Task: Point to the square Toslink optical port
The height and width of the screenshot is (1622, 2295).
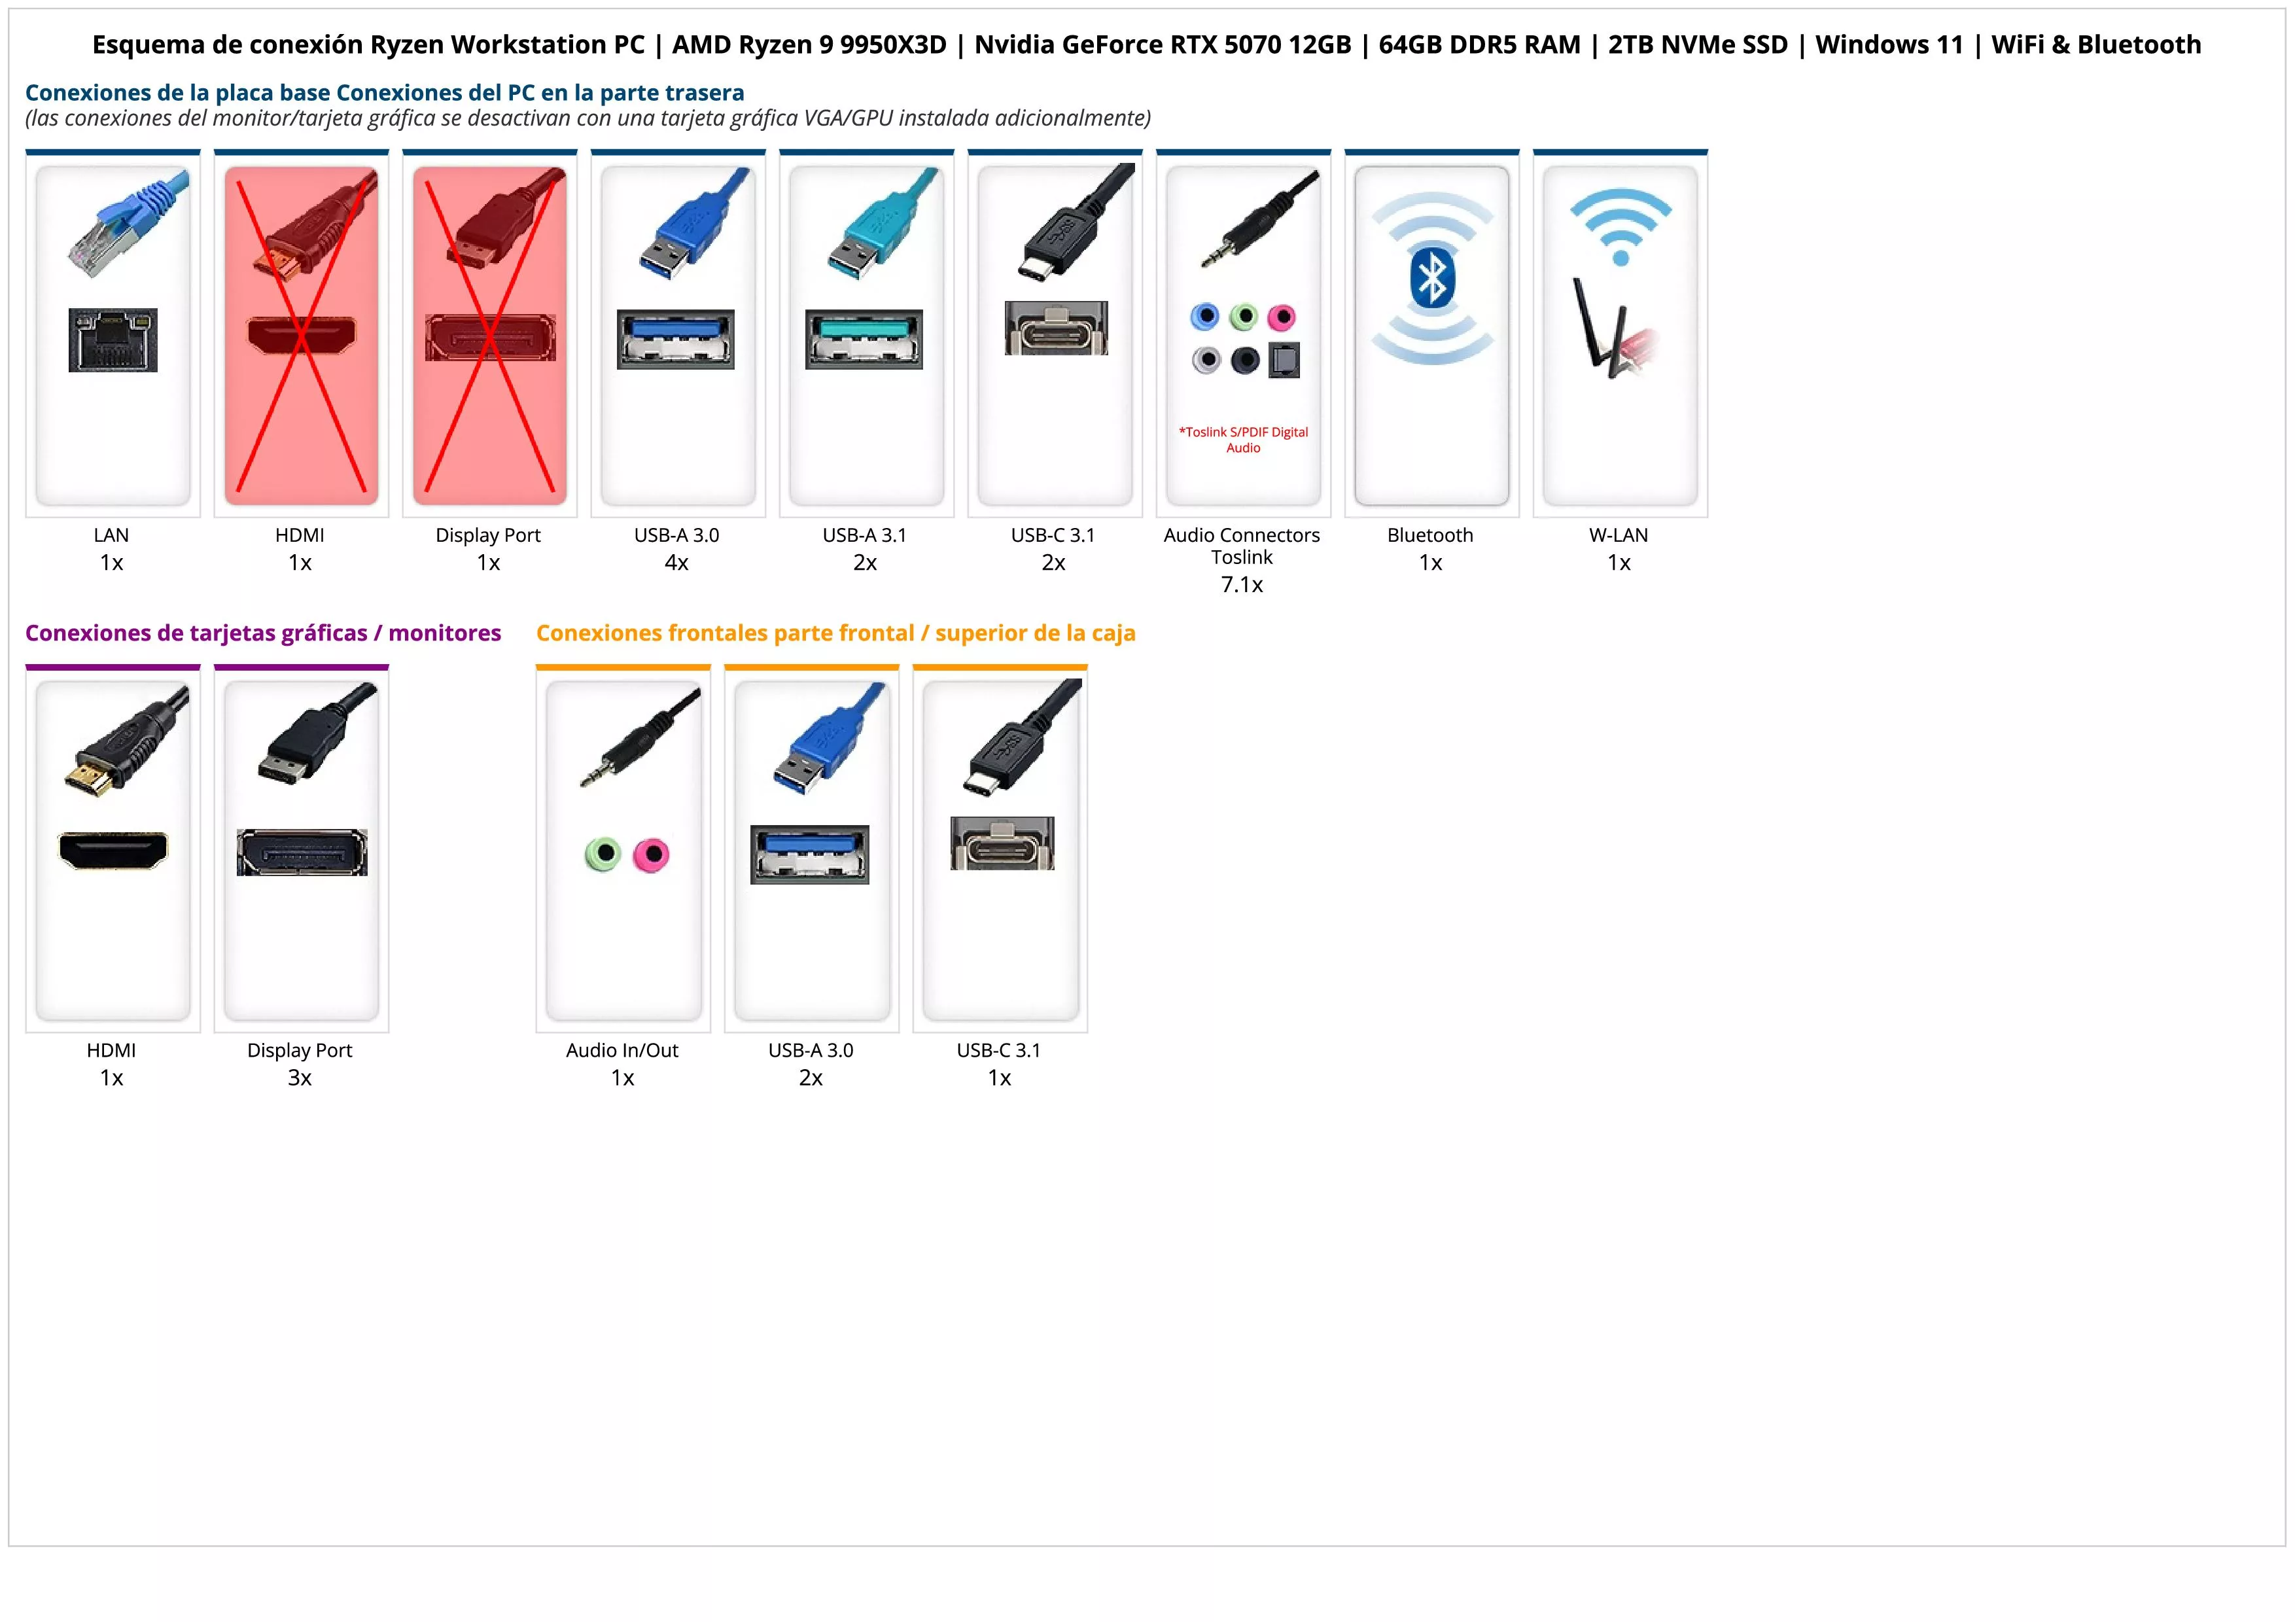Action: [x=1284, y=360]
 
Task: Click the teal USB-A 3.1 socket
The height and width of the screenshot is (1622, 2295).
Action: [x=865, y=339]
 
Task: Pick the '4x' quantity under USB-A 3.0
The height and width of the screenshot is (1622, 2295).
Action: [x=676, y=563]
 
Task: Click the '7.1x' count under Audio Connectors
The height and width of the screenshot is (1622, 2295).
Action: [x=1242, y=585]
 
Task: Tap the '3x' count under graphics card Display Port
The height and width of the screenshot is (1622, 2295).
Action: [x=300, y=1078]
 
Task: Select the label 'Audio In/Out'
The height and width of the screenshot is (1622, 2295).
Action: [x=622, y=1050]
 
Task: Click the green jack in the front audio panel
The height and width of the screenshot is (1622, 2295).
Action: [x=603, y=855]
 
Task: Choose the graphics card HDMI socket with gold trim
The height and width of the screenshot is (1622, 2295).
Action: [x=113, y=851]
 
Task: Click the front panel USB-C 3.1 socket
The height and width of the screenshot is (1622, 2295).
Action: [x=1002, y=843]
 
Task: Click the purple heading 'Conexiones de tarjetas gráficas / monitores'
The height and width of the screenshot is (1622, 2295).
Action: [x=263, y=633]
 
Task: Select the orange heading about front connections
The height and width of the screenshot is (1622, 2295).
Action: [x=835, y=633]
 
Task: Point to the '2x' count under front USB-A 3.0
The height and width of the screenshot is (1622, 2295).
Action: [x=811, y=1078]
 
